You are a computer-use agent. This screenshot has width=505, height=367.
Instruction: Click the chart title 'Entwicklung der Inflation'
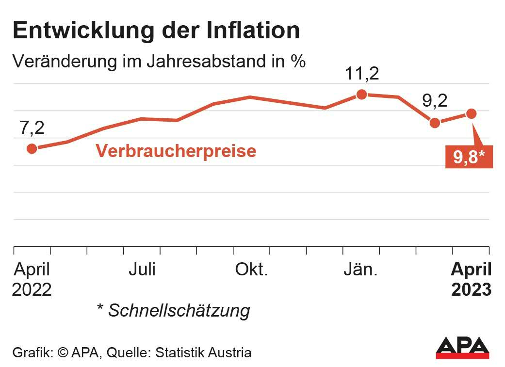coord(156,30)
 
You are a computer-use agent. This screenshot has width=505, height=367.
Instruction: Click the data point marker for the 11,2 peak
coord(361,95)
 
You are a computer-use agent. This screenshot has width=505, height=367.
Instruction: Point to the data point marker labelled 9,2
coord(435,123)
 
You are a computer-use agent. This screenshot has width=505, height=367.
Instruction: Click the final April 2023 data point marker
coord(471,113)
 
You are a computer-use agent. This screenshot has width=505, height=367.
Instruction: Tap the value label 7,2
coord(32,128)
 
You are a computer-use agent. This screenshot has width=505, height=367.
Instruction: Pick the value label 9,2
coord(434,101)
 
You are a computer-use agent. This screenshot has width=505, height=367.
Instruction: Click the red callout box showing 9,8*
coord(469,157)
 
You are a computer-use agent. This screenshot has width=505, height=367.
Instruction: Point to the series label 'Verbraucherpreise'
coord(176,151)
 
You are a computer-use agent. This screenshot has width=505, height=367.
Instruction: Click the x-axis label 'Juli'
coord(142,270)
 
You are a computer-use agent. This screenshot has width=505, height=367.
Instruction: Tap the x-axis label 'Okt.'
coord(251,270)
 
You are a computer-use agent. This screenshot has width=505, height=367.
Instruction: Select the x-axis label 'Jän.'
coord(360,270)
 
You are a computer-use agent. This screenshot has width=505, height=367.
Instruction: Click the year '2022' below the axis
coord(32,289)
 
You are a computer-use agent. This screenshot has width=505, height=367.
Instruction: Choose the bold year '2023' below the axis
coord(471,289)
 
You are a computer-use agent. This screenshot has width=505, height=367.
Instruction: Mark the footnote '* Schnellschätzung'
coord(174,310)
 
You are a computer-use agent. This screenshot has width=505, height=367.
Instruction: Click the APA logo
coord(462,348)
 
